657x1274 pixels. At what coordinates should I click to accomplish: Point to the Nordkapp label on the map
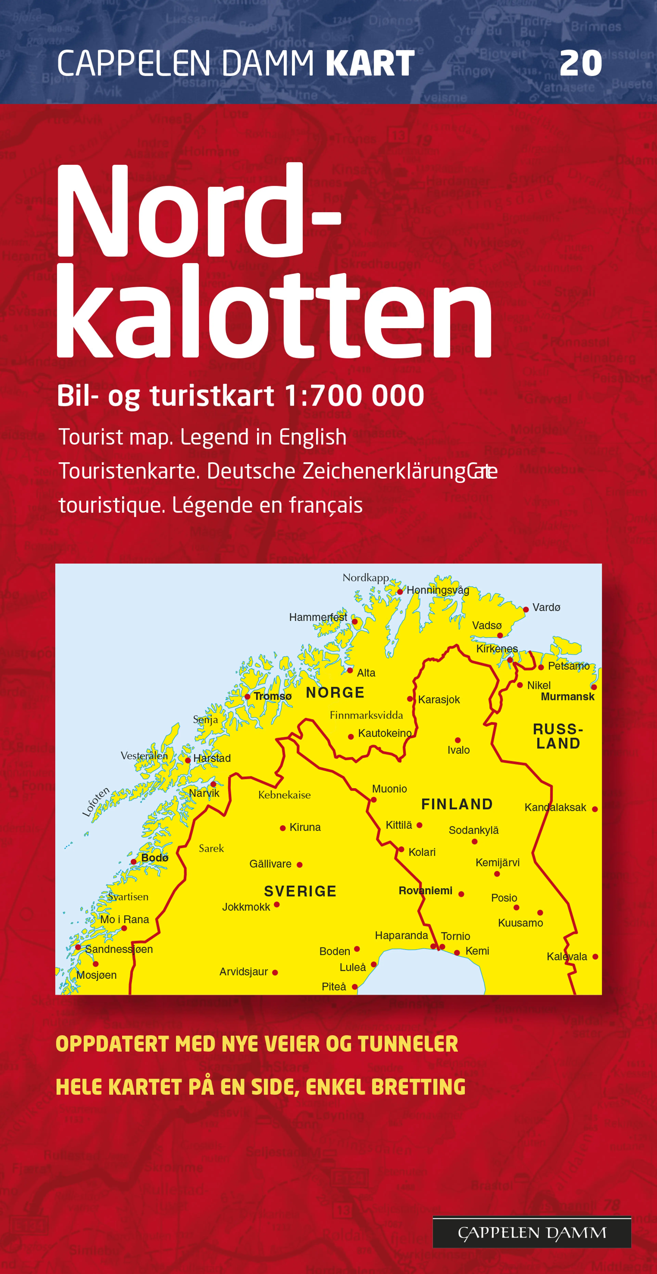point(366,578)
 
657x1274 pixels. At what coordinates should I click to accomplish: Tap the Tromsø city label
point(273,696)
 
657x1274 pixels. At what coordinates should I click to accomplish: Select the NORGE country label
point(335,692)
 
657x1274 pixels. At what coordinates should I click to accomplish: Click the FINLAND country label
point(457,804)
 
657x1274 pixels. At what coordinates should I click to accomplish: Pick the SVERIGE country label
point(300,891)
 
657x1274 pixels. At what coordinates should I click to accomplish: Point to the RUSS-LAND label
point(558,736)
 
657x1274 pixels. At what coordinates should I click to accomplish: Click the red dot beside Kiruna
point(282,828)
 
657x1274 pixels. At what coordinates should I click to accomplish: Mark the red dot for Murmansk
point(594,687)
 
